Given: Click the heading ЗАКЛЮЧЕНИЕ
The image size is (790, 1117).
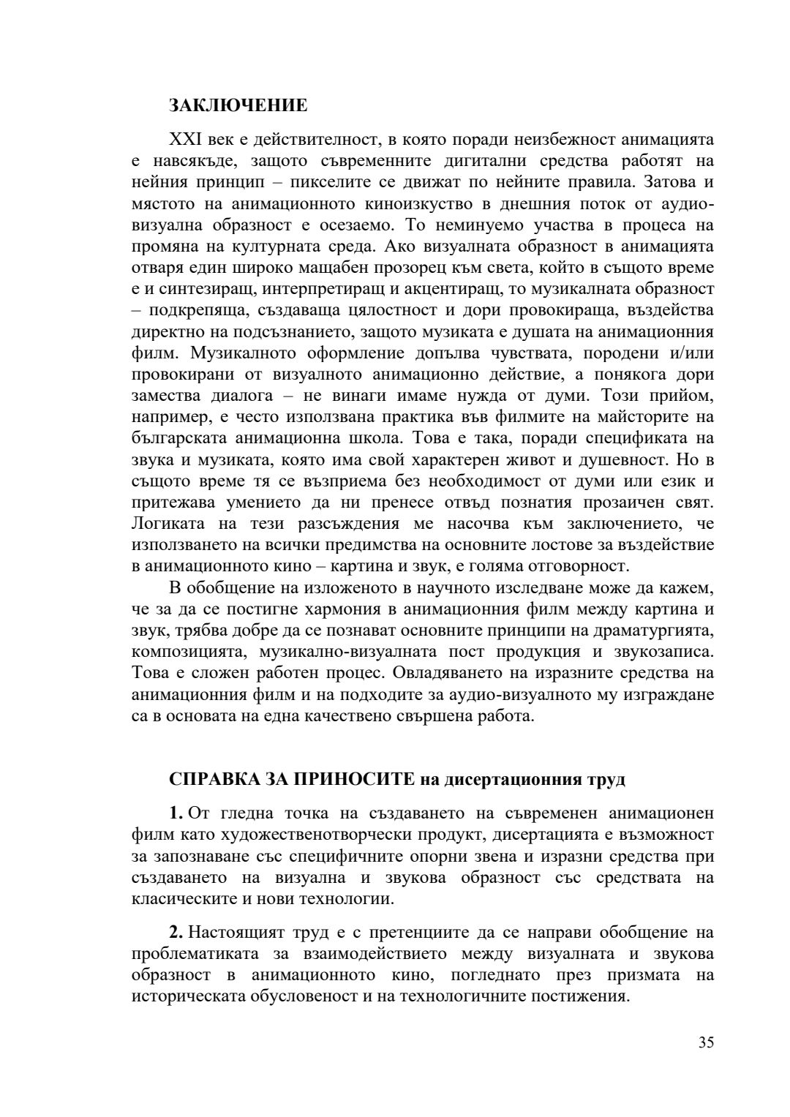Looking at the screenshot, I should (238, 105).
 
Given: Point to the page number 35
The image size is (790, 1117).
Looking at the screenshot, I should (705, 1042).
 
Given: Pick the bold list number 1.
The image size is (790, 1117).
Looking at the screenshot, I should (175, 813).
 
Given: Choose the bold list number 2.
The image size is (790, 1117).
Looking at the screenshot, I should (175, 933).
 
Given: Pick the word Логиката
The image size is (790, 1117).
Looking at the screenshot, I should (168, 524).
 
